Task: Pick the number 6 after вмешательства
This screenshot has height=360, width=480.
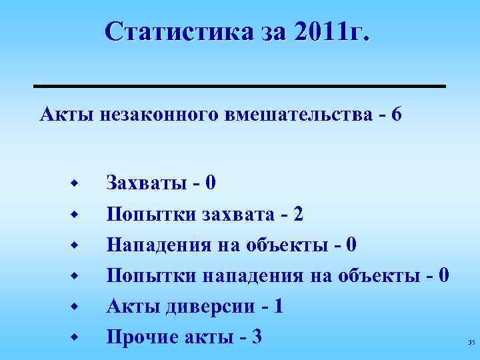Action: pyautogui.click(x=397, y=115)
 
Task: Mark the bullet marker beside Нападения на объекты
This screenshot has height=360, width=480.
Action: pyautogui.click(x=76, y=245)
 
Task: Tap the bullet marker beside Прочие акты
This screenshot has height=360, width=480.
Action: pyautogui.click(x=76, y=337)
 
